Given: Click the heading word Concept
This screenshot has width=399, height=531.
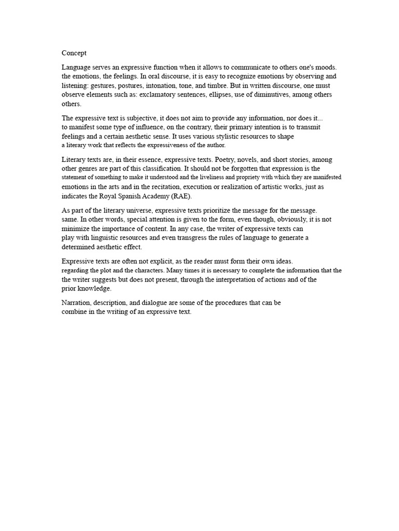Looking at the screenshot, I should point(74,53).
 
